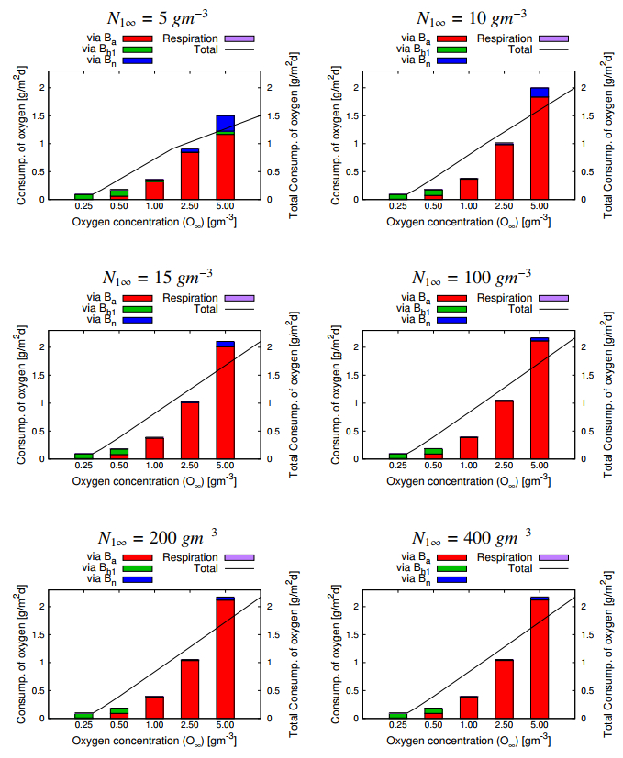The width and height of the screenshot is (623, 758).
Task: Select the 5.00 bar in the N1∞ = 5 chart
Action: [x=225, y=157]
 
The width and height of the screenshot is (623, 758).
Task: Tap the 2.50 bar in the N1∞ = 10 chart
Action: [x=504, y=171]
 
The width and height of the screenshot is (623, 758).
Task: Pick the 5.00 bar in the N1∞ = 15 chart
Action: [x=225, y=400]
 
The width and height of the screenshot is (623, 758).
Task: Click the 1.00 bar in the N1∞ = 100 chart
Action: [x=469, y=447]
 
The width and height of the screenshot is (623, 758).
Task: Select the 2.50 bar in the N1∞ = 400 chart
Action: [x=504, y=688]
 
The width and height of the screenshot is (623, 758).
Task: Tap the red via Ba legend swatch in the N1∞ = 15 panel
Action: [x=137, y=298]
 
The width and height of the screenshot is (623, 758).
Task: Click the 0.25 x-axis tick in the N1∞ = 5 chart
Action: [x=83, y=207]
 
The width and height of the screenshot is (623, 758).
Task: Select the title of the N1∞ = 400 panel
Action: [x=470, y=536]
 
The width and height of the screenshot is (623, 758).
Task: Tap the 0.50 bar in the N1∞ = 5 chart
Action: [x=119, y=193]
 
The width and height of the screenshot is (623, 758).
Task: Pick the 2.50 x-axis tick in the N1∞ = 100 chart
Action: [x=504, y=467]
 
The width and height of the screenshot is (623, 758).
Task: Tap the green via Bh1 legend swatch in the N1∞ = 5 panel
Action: [x=137, y=49]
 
